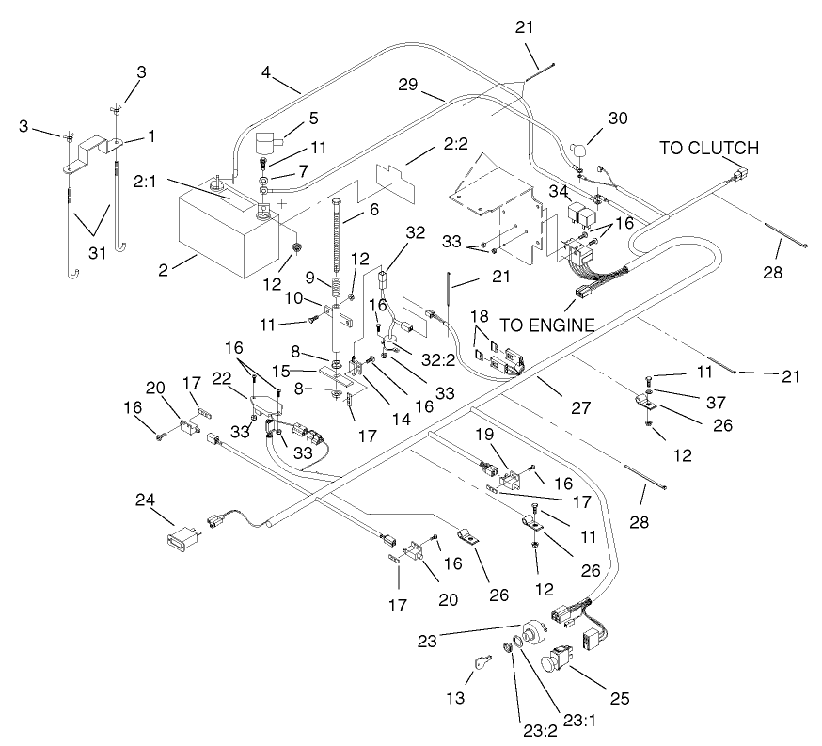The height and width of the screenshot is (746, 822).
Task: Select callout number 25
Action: coord(618,699)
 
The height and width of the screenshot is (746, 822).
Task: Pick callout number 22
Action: coord(222,377)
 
